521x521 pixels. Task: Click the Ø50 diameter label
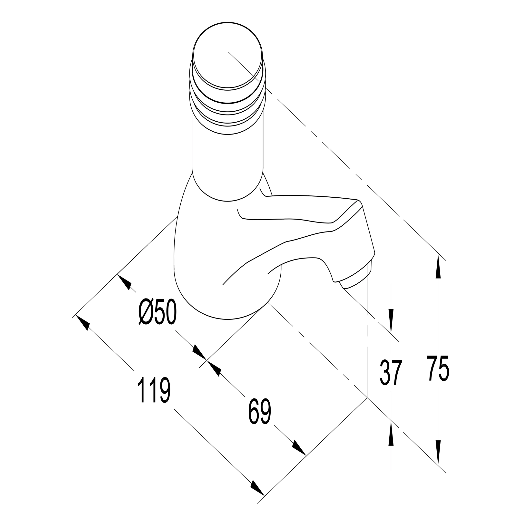pos(158,312)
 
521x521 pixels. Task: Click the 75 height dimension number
pos(438,368)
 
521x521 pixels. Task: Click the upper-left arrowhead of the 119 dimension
pos(83,323)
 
